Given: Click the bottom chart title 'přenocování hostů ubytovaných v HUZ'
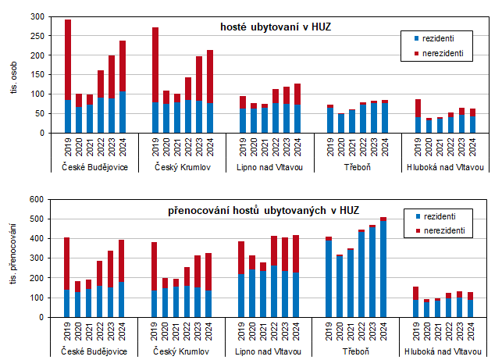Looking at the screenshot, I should [263, 211].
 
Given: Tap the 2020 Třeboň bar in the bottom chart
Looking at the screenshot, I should [340, 286].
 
